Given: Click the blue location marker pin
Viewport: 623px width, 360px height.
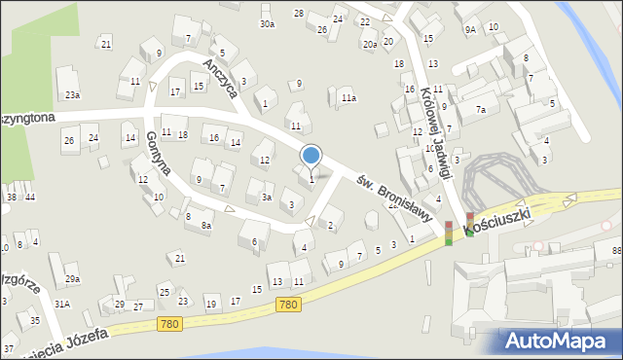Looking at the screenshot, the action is click(x=311, y=156).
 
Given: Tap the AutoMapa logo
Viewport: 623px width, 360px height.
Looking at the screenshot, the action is click(x=560, y=341).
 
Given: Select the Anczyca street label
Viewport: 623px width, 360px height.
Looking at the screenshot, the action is click(x=220, y=75).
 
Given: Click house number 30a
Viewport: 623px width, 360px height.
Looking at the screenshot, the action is click(x=267, y=23).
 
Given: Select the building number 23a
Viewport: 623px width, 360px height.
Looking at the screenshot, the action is click(x=72, y=95).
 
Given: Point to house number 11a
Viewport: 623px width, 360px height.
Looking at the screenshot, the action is click(x=348, y=98).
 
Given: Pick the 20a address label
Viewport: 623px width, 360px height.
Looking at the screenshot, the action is click(x=370, y=44).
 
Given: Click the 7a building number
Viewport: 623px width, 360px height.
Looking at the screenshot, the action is click(x=480, y=110).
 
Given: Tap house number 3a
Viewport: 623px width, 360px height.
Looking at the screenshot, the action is click(x=266, y=198).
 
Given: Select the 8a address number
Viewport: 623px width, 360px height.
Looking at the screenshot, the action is click(x=205, y=225).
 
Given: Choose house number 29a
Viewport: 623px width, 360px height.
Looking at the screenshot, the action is click(x=72, y=279).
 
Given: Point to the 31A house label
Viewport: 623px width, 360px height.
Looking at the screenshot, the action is click(x=62, y=304).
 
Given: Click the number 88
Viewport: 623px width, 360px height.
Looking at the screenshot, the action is click(x=616, y=252).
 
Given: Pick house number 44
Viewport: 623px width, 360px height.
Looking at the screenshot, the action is click(x=30, y=198).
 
